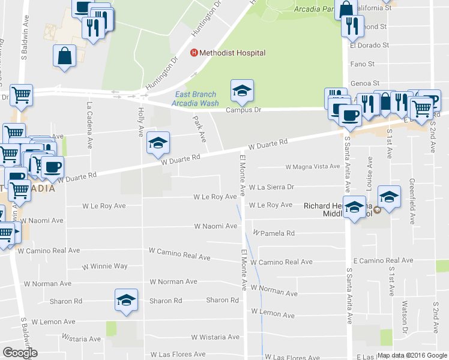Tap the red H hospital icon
click(194, 53)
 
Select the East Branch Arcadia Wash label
click(196, 98)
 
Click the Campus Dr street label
click(243, 110)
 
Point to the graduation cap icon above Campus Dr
click(242, 91)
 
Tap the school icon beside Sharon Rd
click(127, 300)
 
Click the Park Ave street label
click(200, 129)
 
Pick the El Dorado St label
click(369, 45)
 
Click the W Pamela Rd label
click(274, 233)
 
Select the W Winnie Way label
click(105, 266)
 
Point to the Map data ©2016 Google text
click(412, 355)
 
